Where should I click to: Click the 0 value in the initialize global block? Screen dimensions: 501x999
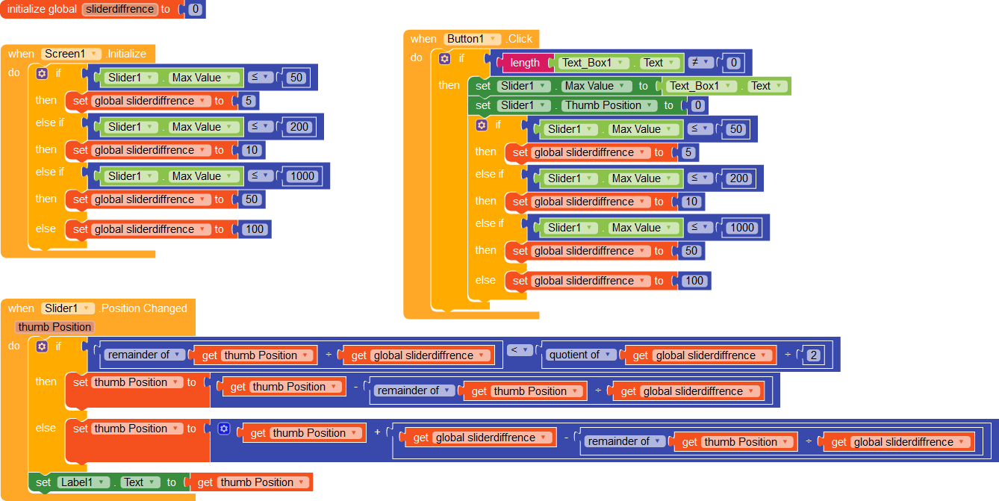pyautogui.click(x=195, y=10)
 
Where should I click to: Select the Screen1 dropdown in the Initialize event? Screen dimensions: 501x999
pyautogui.click(x=72, y=54)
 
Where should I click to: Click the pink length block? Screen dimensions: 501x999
pyautogui.click(x=525, y=63)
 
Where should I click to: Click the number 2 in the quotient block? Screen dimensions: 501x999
pyautogui.click(x=814, y=355)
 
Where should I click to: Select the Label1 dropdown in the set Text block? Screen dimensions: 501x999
pyautogui.click(x=83, y=482)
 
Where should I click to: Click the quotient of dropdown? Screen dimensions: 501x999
pyautogui.click(x=581, y=355)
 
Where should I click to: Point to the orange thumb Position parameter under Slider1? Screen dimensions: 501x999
pyautogui.click(x=55, y=327)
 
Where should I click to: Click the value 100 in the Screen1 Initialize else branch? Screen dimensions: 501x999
pyautogui.click(x=255, y=229)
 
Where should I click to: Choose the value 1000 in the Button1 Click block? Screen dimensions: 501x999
pyautogui.click(x=742, y=228)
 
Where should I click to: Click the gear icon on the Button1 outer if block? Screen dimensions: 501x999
pyautogui.click(x=445, y=58)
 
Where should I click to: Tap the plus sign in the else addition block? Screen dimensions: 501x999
pyautogui.click(x=377, y=433)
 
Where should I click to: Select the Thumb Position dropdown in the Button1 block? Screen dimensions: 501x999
pyautogui.click(x=608, y=105)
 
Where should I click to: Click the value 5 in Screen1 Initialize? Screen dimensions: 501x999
pyautogui.click(x=249, y=101)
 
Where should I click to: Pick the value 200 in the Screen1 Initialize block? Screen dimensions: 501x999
pyautogui.click(x=299, y=127)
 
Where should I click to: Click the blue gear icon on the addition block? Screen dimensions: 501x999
pyautogui.click(x=224, y=429)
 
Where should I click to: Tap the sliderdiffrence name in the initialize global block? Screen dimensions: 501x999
pyautogui.click(x=119, y=10)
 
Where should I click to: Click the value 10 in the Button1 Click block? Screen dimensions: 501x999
pyautogui.click(x=691, y=202)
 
